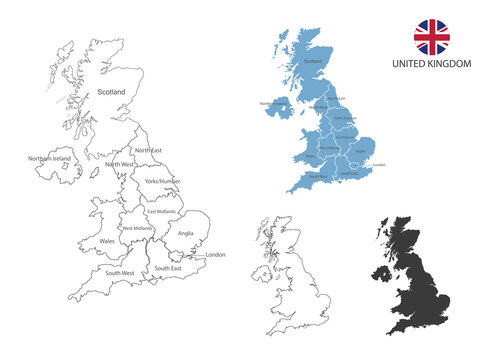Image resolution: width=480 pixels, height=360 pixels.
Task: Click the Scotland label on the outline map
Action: click(x=111, y=92)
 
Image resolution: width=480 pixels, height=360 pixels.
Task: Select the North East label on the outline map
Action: click(x=147, y=150)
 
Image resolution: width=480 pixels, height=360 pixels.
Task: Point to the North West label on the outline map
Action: click(x=119, y=164)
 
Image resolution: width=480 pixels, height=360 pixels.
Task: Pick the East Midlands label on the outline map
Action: click(x=161, y=211)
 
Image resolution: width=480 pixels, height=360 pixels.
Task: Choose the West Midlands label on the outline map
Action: click(x=138, y=229)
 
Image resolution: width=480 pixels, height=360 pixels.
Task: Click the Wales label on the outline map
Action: click(x=107, y=241)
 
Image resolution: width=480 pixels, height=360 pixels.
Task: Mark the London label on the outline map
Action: click(x=216, y=255)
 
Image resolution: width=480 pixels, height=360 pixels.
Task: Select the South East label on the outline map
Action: click(x=168, y=268)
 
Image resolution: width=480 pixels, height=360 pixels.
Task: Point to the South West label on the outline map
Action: click(x=119, y=272)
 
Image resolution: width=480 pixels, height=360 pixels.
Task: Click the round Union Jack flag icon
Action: click(x=432, y=36)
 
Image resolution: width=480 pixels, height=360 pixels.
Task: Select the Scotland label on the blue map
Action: click(x=313, y=61)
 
